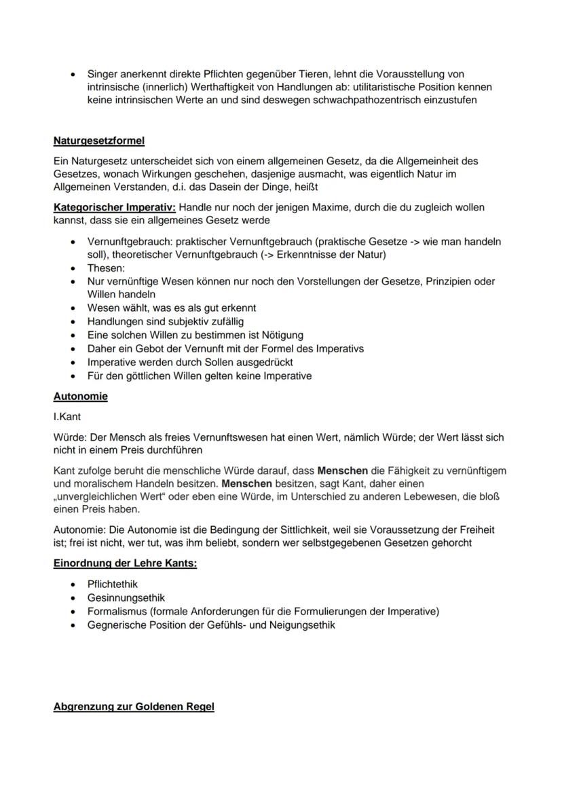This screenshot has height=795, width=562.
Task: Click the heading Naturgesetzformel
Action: pos(98,141)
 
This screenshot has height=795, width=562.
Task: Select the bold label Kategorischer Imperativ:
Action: pos(115,206)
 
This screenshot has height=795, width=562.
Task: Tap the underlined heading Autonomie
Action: pos(80,396)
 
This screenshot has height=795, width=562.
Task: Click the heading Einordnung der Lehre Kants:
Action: pos(125,563)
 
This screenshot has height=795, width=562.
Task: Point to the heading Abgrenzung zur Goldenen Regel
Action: pos(134,707)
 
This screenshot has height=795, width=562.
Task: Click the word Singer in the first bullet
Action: pos(102,73)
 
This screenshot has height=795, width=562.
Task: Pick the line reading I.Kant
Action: pos(67,417)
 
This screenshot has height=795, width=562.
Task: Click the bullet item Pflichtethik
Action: pos(113,584)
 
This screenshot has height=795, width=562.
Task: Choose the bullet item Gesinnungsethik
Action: pos(126,597)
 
